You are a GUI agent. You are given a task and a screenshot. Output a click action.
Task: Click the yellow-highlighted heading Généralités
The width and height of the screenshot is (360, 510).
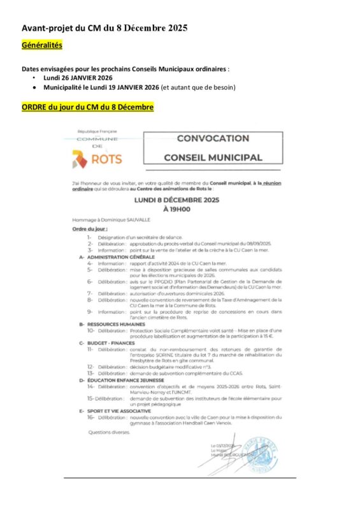tap(41, 45)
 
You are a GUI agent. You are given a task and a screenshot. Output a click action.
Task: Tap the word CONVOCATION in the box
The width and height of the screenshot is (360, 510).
tap(212, 138)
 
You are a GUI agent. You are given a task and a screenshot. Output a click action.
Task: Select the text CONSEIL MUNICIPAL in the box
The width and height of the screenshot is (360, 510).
tap(212, 157)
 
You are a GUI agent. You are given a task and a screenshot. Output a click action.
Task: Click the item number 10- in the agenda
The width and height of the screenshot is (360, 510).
tap(91, 330)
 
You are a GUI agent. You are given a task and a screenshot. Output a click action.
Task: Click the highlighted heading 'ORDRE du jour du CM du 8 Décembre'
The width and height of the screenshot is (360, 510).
tap(87, 107)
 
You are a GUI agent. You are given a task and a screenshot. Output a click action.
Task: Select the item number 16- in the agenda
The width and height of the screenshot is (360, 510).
tap(91, 418)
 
